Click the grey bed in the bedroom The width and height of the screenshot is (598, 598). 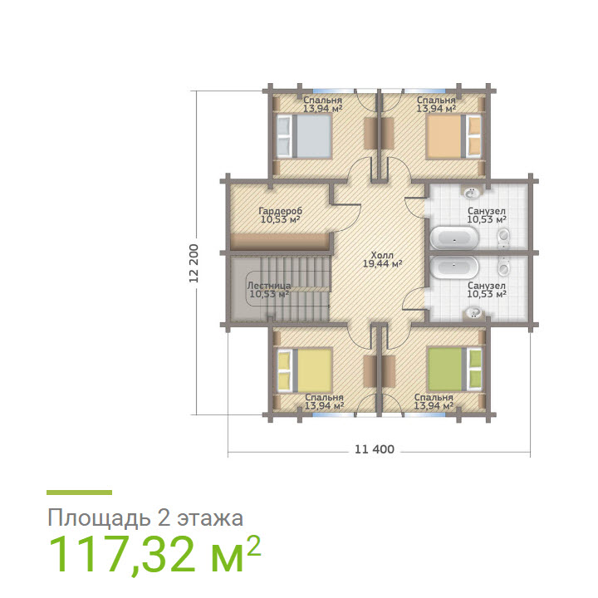click(x=304, y=135)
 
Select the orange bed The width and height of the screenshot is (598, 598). click(x=453, y=135)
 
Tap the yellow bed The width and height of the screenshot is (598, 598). click(x=304, y=370)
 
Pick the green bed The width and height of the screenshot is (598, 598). click(x=454, y=370)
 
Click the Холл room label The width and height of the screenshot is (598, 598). click(x=382, y=255)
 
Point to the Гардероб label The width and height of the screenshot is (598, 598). click(x=281, y=211)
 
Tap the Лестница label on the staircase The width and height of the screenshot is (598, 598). click(x=269, y=286)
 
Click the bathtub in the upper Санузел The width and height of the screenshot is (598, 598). click(x=454, y=238)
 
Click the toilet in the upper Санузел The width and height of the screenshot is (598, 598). click(x=504, y=237)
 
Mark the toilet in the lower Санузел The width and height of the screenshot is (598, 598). click(x=504, y=267)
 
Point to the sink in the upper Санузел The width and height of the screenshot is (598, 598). click(x=473, y=192)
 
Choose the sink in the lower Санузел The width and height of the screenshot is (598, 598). click(x=473, y=313)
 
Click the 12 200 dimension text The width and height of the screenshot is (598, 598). click(x=194, y=263)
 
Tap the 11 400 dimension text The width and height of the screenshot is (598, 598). click(x=375, y=449)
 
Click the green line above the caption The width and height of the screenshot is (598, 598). click(x=80, y=493)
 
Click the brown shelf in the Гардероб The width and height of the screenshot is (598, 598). click(x=281, y=242)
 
